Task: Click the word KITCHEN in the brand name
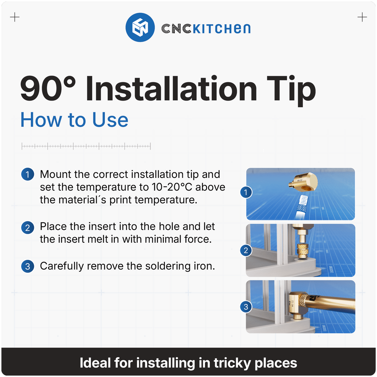click(x=222, y=29)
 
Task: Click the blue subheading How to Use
click(x=74, y=120)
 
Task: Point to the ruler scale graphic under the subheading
click(x=86, y=146)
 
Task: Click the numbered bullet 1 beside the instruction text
click(x=28, y=174)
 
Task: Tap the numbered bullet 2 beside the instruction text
click(x=28, y=227)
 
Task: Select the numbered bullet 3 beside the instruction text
click(x=28, y=266)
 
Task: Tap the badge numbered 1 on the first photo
click(x=246, y=192)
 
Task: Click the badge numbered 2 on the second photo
click(x=246, y=251)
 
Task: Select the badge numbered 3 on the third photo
click(x=246, y=307)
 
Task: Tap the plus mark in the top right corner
click(x=362, y=17)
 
